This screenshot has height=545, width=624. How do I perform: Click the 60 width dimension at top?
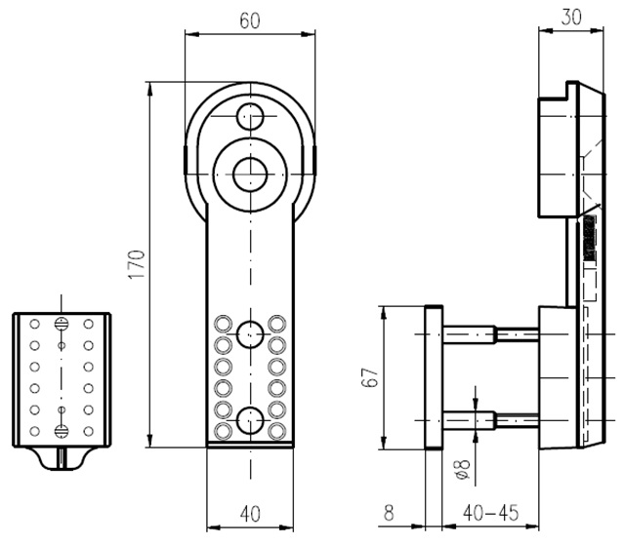tap(250, 19)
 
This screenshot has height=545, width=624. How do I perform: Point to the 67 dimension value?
tap(368, 377)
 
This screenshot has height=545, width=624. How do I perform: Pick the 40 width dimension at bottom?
tap(250, 514)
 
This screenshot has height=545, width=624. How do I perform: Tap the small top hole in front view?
tap(250, 116)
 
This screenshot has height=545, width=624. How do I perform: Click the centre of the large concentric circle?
tap(250, 174)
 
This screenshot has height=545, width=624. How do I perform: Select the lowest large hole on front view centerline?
tap(250, 421)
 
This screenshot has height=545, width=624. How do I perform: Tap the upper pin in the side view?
tap(488, 332)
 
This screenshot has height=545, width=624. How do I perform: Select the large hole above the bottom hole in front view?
tap(250, 332)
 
